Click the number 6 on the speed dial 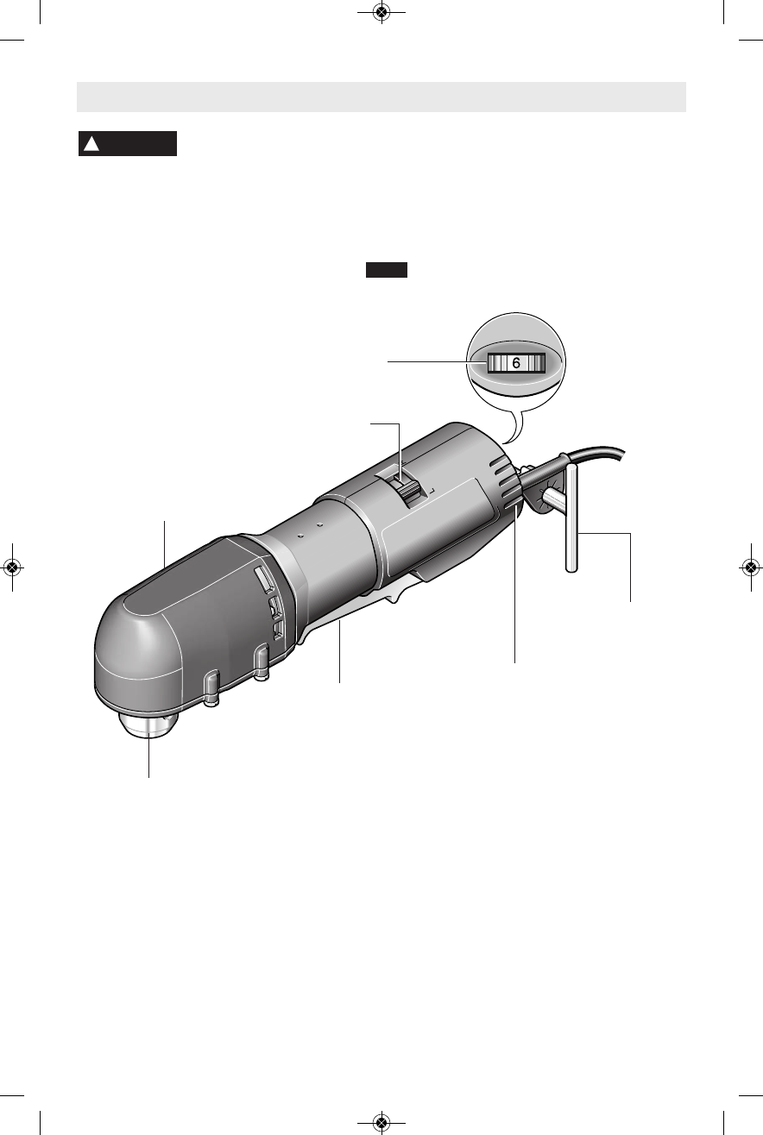click(x=516, y=363)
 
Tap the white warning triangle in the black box click(x=91, y=144)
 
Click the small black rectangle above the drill click(x=387, y=270)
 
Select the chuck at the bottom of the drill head click(x=149, y=725)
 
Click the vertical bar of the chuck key click(x=571, y=519)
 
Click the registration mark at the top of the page click(x=381, y=12)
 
